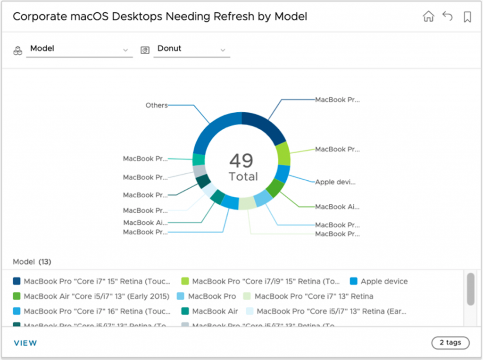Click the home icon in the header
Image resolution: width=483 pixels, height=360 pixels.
click(x=428, y=17)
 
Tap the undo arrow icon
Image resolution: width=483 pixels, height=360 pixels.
click(x=447, y=17)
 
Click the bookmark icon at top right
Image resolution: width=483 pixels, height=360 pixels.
click(x=467, y=17)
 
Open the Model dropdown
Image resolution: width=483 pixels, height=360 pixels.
click(x=79, y=49)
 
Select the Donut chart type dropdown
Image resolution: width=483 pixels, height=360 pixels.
click(x=191, y=49)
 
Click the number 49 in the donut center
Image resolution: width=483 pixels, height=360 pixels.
click(x=241, y=161)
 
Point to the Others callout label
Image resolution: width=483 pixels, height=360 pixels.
click(x=157, y=105)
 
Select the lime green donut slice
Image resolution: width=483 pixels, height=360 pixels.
click(x=283, y=153)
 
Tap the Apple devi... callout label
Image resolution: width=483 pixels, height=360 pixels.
click(x=335, y=182)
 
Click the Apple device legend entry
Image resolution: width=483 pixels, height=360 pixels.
click(x=384, y=281)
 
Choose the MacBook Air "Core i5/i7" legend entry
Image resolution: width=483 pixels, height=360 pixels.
click(x=96, y=296)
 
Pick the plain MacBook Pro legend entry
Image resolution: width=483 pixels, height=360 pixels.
click(x=212, y=296)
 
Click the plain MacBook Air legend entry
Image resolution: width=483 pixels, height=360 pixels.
click(x=215, y=311)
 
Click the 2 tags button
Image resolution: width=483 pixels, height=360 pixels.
click(x=450, y=343)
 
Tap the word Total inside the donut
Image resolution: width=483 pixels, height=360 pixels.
click(x=243, y=177)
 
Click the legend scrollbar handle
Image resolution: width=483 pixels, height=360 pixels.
click(x=470, y=288)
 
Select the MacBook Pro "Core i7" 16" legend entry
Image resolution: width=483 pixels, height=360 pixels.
click(x=96, y=311)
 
